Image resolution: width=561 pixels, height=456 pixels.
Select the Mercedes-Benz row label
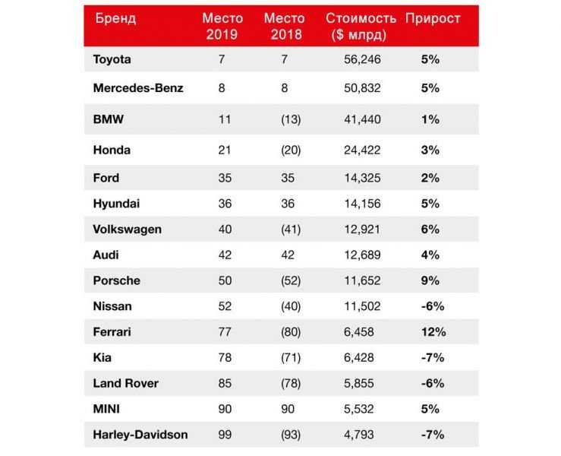pos(138,88)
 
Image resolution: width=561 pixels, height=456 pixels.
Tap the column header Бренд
pos(115,18)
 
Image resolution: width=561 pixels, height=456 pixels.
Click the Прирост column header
pos(433,18)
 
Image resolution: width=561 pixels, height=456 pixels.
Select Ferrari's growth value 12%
pos(430,332)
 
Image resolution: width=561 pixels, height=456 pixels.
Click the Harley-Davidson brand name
pos(140,435)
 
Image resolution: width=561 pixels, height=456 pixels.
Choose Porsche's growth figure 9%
pos(430,280)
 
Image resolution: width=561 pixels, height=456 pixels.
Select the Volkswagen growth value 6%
pos(430,229)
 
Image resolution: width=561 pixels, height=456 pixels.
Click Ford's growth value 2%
pos(430,178)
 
